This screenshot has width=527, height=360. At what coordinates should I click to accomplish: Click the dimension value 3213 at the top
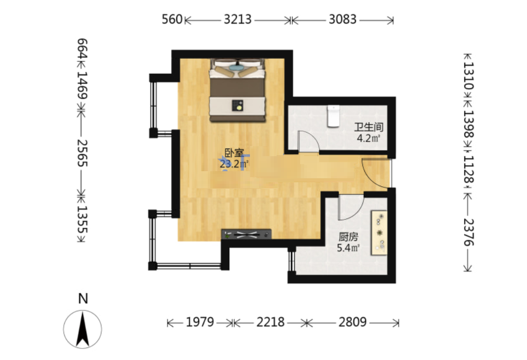click(x=237, y=20)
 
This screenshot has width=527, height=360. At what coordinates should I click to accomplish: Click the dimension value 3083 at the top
click(x=342, y=20)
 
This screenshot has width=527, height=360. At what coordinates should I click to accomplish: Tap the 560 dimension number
click(x=172, y=20)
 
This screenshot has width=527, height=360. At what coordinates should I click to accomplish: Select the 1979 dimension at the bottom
click(x=200, y=322)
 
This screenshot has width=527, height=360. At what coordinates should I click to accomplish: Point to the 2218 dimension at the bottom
click(x=271, y=322)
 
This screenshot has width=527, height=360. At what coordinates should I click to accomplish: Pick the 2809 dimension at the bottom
click(x=352, y=322)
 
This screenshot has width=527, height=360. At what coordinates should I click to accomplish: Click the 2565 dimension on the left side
click(x=82, y=153)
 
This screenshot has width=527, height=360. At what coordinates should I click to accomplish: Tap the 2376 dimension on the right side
click(x=468, y=232)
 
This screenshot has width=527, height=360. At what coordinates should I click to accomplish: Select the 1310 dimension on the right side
click(x=468, y=76)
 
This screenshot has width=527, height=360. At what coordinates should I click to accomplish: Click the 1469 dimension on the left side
click(x=82, y=85)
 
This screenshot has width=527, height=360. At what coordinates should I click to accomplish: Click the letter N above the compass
click(x=83, y=298)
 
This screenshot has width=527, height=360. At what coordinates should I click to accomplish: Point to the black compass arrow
click(x=83, y=329)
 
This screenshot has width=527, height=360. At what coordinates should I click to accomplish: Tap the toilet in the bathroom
click(x=333, y=116)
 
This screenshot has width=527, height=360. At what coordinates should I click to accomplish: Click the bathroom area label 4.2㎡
click(x=368, y=138)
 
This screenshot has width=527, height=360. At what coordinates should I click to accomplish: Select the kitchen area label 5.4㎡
click(x=348, y=248)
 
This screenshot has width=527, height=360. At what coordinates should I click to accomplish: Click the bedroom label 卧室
click(x=234, y=153)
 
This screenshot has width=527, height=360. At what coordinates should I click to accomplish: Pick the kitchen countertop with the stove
click(x=379, y=232)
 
